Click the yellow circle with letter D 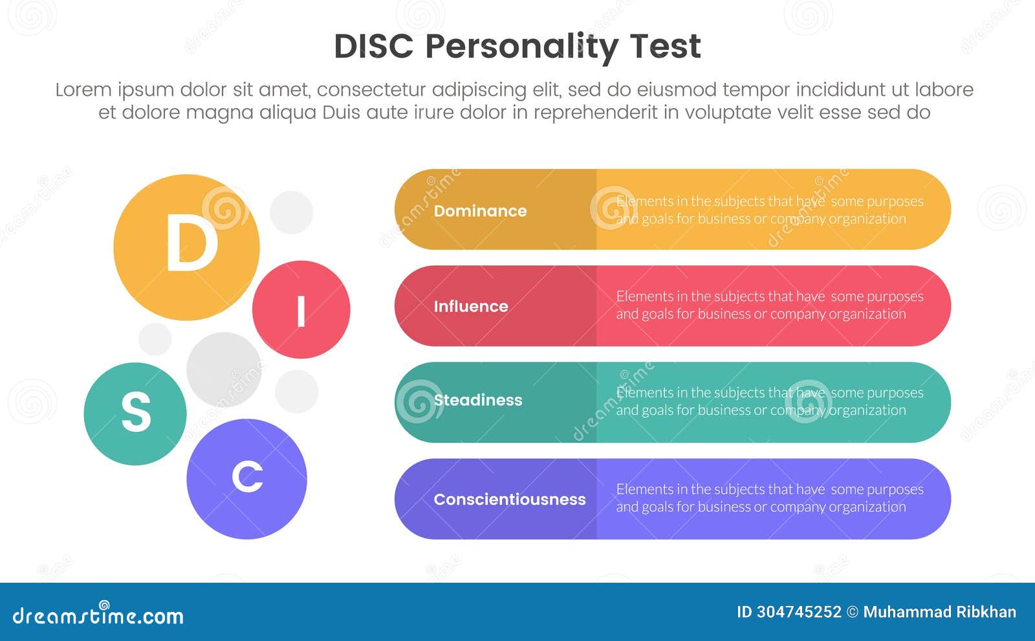click(x=186, y=247)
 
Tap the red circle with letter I click(x=301, y=309)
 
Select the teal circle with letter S click(x=135, y=413)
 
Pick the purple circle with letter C click(x=246, y=478)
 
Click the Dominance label click(x=480, y=211)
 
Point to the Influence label click(x=470, y=306)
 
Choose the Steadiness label click(x=477, y=400)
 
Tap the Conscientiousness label click(x=509, y=499)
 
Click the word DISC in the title click(x=373, y=46)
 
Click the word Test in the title click(x=665, y=46)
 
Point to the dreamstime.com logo click(x=98, y=615)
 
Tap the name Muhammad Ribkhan click(x=939, y=612)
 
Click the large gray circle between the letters click(x=224, y=369)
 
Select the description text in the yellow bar click(x=769, y=210)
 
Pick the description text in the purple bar click(x=769, y=498)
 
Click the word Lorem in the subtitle click(x=83, y=90)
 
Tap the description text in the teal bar click(x=769, y=401)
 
